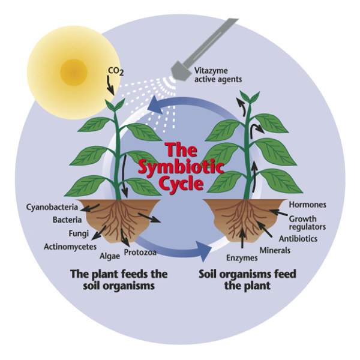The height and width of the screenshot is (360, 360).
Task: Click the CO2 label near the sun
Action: tap(115, 71)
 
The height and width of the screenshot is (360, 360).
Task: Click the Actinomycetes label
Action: tap(69, 246)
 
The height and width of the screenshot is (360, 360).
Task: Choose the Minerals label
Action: tap(275, 249)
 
